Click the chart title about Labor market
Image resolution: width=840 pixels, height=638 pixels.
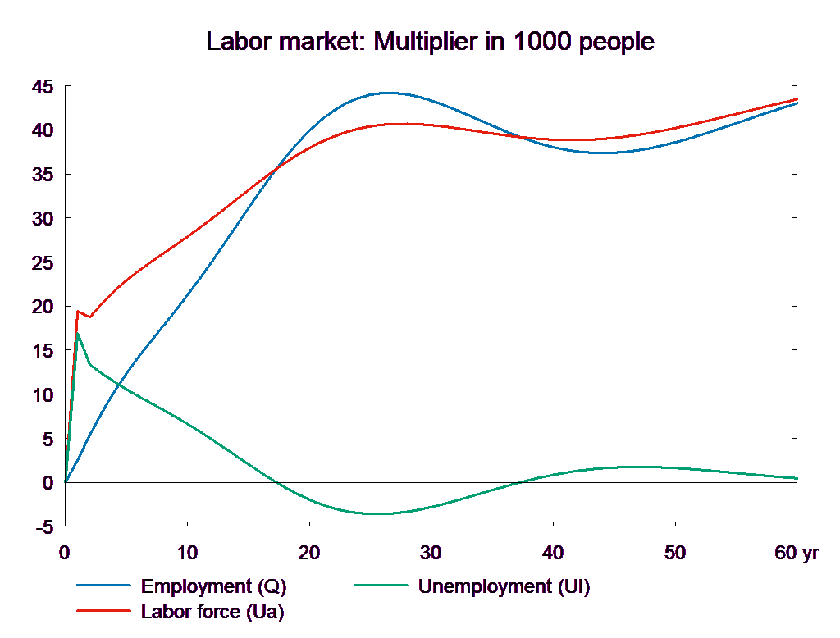click(431, 42)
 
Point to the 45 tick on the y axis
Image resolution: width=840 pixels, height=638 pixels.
click(43, 86)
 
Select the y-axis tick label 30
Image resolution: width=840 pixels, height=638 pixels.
click(43, 219)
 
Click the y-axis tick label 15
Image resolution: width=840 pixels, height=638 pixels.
click(43, 351)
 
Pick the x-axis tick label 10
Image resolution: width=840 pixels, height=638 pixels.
click(187, 553)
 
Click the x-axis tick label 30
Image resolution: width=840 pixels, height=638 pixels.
click(431, 553)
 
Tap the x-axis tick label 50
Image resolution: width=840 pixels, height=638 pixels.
click(674, 553)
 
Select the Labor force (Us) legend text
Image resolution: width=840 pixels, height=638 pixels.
click(212, 612)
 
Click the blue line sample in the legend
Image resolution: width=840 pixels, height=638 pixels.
click(104, 586)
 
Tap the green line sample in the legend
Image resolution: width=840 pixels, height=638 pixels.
click(381, 586)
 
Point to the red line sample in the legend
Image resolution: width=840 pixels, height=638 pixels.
click(104, 612)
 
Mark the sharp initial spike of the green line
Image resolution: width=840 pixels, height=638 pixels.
click(77, 332)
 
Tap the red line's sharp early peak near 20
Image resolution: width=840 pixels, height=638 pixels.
click(77, 311)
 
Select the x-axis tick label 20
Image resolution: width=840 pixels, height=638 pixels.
click(309, 553)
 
